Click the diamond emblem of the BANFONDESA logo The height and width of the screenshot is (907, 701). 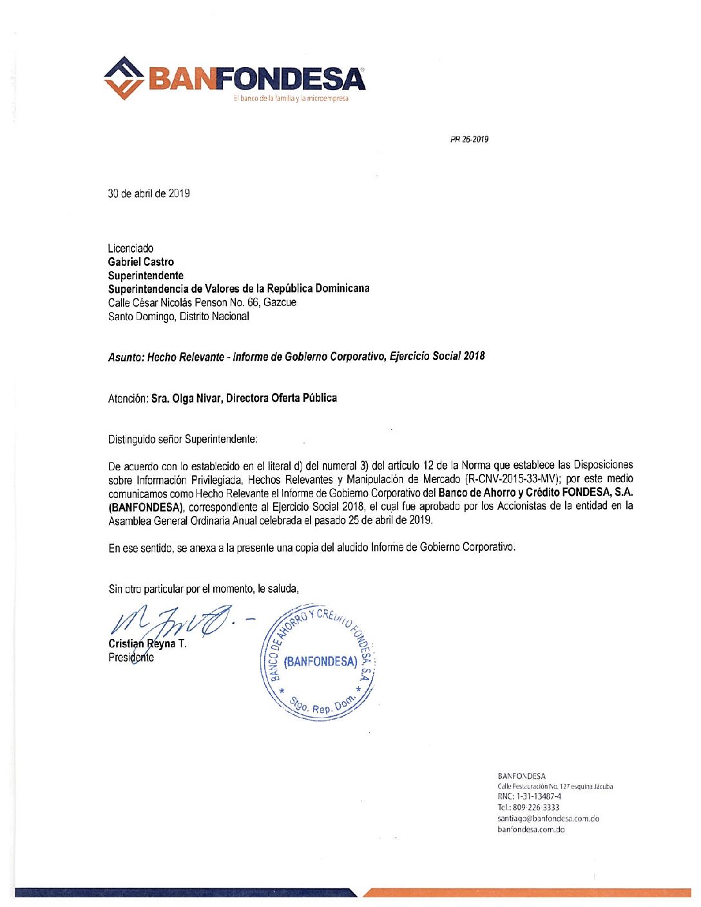(124, 78)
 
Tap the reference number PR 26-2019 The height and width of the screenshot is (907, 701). (469, 139)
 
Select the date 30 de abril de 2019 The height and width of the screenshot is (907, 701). (149, 194)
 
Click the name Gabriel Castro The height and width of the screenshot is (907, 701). (141, 262)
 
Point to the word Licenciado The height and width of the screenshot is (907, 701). (131, 248)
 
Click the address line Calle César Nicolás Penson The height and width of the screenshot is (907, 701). (202, 302)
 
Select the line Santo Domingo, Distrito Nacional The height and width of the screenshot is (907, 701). (178, 316)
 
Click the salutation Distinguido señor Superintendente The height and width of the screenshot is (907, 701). (183, 439)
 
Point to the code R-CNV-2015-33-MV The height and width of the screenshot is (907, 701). (512, 479)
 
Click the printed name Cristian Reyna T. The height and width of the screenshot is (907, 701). (148, 644)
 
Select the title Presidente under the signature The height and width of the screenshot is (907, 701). (131, 658)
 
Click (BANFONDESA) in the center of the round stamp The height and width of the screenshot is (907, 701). (320, 662)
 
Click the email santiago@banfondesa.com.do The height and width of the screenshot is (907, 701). (548, 819)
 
